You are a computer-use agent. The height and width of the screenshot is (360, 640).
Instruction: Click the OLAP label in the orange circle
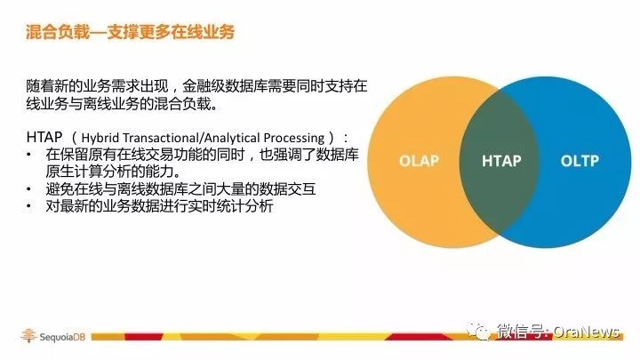tap(419, 161)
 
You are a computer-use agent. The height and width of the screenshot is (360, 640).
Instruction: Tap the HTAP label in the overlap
tap(501, 161)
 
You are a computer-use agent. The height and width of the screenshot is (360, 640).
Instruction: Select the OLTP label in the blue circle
tap(580, 161)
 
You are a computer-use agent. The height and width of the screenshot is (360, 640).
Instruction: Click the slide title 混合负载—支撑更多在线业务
tap(130, 32)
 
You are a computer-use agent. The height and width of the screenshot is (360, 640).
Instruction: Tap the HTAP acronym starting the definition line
tap(44, 137)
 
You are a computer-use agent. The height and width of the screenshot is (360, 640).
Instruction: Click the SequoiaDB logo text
tap(62, 337)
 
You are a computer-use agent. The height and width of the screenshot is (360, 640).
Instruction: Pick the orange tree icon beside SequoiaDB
tap(28, 335)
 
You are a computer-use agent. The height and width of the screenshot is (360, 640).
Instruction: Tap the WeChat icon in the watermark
tap(479, 331)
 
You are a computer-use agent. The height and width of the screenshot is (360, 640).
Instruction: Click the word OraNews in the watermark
tap(586, 332)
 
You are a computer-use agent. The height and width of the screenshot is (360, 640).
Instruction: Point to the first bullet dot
tap(28, 155)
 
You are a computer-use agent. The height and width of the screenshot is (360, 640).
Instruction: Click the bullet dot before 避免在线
tap(28, 189)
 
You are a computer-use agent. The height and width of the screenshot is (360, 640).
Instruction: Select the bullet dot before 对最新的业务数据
tap(28, 206)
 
